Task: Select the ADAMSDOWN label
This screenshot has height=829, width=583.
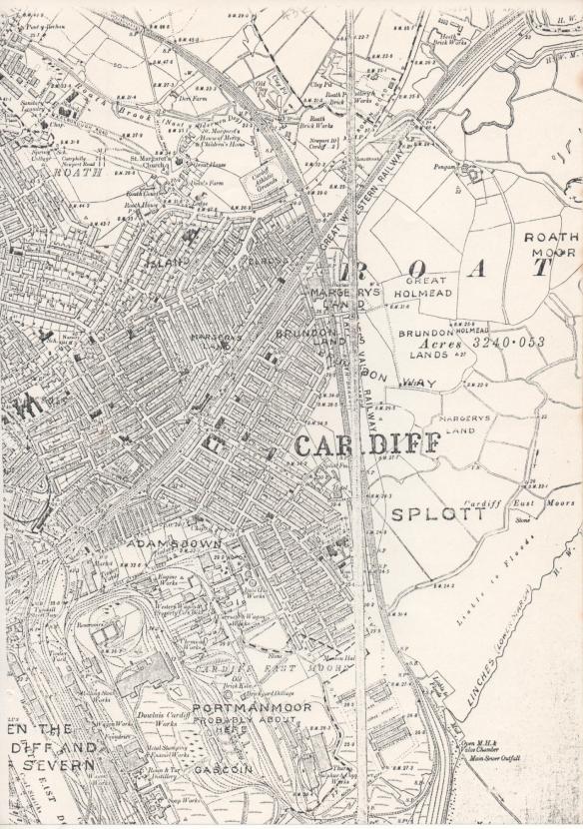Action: tap(175, 543)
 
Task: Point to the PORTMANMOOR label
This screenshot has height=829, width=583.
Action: tap(238, 707)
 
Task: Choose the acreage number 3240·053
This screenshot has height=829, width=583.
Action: tap(509, 342)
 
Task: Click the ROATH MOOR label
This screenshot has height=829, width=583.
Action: tap(551, 245)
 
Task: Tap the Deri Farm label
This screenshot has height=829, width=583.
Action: tap(192, 99)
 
